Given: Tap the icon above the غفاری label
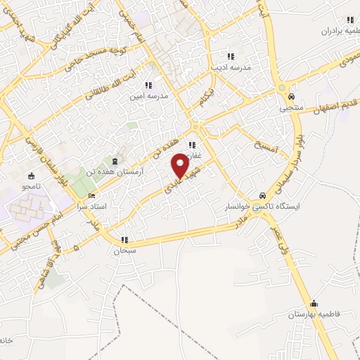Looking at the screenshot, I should tap(191, 145).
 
